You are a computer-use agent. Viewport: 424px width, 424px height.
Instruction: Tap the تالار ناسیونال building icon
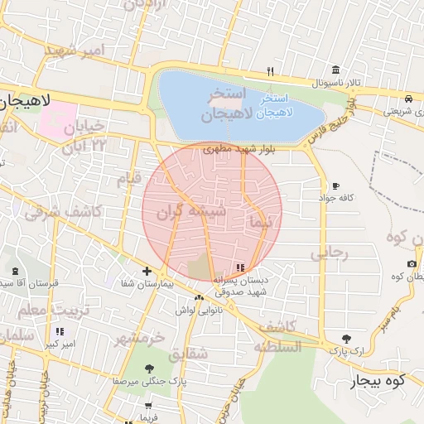(335, 70)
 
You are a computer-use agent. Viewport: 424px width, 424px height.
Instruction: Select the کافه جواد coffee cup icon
(335, 185)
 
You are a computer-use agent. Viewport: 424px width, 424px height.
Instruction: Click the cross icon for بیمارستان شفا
(147, 271)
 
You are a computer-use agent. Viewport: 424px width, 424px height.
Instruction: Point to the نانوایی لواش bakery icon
(198, 297)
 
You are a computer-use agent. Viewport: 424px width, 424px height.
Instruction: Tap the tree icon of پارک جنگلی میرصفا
(149, 369)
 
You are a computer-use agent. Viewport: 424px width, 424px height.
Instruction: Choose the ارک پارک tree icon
(346, 339)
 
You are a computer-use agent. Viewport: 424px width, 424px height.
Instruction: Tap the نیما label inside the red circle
(259, 222)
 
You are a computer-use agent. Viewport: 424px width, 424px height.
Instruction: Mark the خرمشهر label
(139, 339)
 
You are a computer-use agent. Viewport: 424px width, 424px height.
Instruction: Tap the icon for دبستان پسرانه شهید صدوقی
(240, 267)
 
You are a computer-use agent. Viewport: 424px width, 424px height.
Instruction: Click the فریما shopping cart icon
(149, 406)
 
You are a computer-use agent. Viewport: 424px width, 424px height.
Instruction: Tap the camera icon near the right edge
(412, 264)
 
